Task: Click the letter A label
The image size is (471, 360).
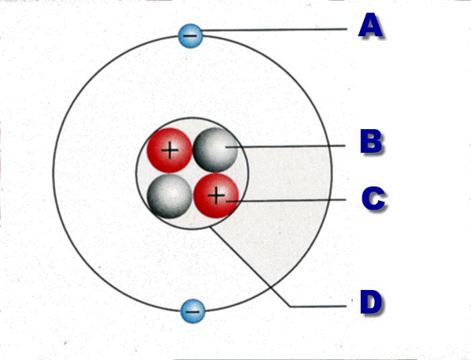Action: (x=370, y=26)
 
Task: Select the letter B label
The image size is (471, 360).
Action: (x=372, y=142)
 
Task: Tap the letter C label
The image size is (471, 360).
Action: (x=374, y=199)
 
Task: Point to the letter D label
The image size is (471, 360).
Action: (x=372, y=302)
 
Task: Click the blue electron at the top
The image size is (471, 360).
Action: (x=190, y=35)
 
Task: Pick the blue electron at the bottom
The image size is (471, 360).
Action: (x=192, y=311)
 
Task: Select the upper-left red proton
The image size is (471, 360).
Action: (x=169, y=150)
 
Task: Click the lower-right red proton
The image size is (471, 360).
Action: (x=216, y=195)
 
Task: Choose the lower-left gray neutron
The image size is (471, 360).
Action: (x=169, y=196)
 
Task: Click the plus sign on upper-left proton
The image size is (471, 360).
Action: (x=170, y=150)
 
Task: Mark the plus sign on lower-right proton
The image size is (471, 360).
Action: (x=217, y=196)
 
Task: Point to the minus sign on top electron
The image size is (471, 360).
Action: (x=190, y=36)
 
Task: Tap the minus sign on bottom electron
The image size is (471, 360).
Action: (x=192, y=311)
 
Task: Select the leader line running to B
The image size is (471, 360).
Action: (x=285, y=147)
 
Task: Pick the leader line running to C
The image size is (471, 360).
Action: (x=286, y=200)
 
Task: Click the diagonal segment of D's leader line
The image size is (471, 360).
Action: (x=250, y=267)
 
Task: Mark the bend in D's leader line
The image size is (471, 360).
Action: (x=291, y=306)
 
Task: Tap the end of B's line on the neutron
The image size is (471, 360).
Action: (x=226, y=147)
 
